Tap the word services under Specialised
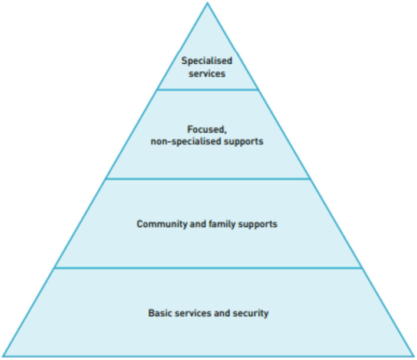point(207,74)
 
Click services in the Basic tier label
point(193,313)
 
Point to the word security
point(250,313)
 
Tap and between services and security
point(221,313)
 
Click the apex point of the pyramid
point(207,3)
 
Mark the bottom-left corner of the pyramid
point(3,356)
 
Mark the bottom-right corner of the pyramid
point(413,356)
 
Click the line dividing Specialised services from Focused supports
point(207,90)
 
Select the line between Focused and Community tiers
point(207,179)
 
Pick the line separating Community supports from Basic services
point(207,268)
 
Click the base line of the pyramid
point(207,356)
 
